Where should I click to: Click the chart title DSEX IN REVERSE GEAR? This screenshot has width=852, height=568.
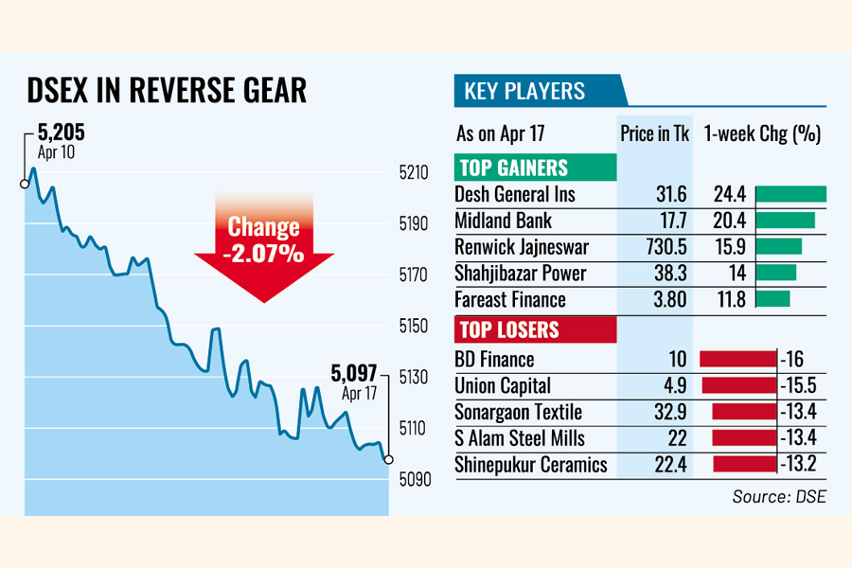pyautogui.click(x=166, y=90)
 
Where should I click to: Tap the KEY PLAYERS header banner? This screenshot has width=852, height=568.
pyautogui.click(x=524, y=92)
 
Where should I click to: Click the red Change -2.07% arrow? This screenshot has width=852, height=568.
pyautogui.click(x=264, y=242)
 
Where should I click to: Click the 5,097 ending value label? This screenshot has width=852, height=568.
pyautogui.click(x=355, y=372)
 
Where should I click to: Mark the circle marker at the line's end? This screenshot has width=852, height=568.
pyautogui.click(x=388, y=459)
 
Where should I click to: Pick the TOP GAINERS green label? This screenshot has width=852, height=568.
pyautogui.click(x=514, y=169)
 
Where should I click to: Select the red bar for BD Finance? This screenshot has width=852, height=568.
pyautogui.click(x=737, y=360)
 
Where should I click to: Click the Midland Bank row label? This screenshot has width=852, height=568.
pyautogui.click(x=503, y=221)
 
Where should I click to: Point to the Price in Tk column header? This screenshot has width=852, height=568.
pyautogui.click(x=655, y=133)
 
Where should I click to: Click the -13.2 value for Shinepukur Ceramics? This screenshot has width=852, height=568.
pyautogui.click(x=800, y=465)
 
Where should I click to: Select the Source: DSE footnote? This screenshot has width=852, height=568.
pyautogui.click(x=778, y=496)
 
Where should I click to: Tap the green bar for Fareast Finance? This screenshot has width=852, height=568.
pyautogui.click(x=773, y=300)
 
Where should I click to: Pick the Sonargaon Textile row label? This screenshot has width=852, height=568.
pyautogui.click(x=518, y=413)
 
